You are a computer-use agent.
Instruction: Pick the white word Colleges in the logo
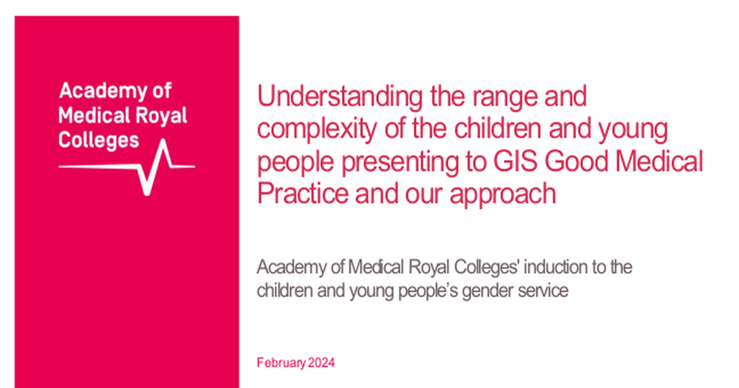coord(99,139)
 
